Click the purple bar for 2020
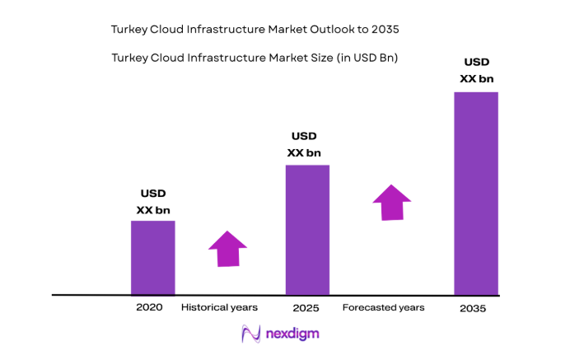(x=152, y=257)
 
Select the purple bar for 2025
(x=307, y=229)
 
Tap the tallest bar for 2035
(x=476, y=193)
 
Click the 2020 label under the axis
(x=149, y=307)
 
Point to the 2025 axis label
(x=306, y=308)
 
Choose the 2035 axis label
(x=474, y=308)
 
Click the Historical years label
(x=219, y=307)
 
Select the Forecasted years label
(x=384, y=307)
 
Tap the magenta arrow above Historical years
(x=227, y=248)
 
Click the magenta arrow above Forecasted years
(x=392, y=202)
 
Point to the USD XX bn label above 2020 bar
(x=152, y=202)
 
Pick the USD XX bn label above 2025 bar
(x=304, y=144)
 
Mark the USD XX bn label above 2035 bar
(x=476, y=70)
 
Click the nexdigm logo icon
(x=250, y=334)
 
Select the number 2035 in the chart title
(x=385, y=29)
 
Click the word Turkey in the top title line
(x=128, y=29)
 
